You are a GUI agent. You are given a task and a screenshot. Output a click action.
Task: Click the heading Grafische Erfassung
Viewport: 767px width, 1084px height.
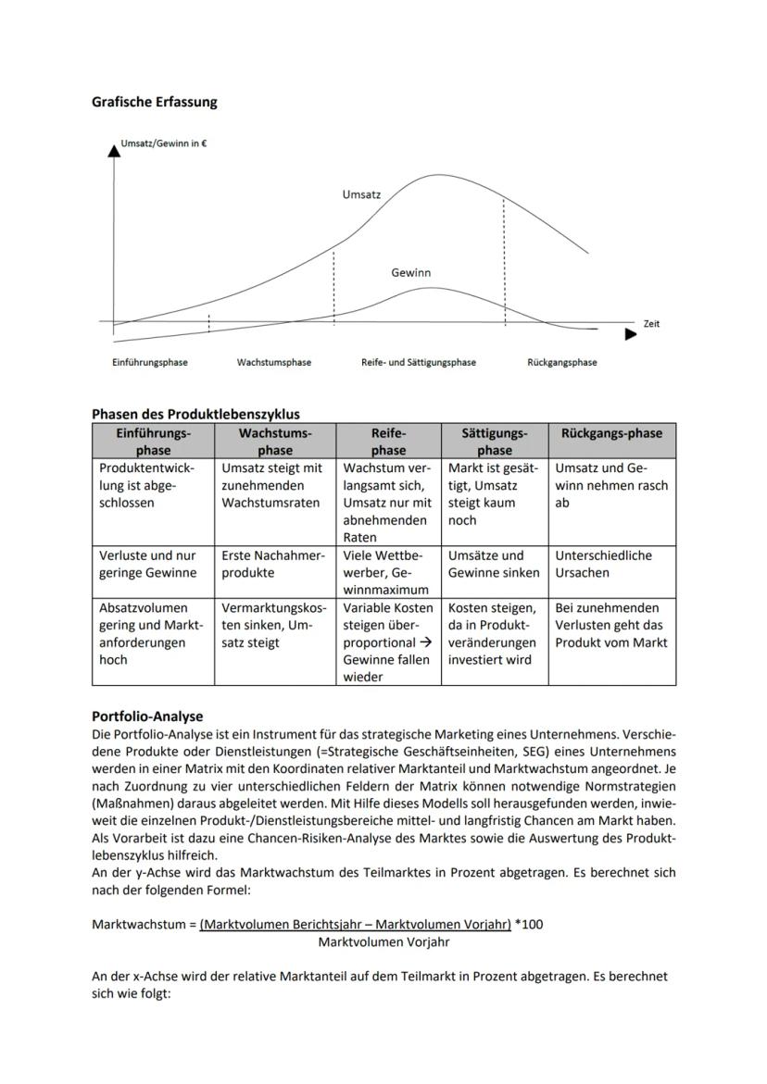(x=155, y=102)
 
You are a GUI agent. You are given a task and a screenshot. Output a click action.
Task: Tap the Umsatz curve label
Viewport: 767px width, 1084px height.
(x=361, y=195)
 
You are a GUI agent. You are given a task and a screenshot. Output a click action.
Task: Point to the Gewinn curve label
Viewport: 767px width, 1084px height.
(x=410, y=273)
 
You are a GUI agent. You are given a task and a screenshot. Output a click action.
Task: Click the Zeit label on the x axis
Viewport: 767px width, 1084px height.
(x=651, y=324)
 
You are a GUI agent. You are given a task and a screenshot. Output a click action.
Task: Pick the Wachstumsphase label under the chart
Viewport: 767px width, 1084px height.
(x=274, y=363)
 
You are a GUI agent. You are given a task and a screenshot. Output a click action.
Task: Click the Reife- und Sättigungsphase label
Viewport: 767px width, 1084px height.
(x=419, y=363)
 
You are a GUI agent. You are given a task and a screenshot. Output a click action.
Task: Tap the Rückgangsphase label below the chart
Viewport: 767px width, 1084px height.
(x=562, y=363)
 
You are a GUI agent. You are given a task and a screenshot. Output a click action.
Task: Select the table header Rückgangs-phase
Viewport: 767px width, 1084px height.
(x=611, y=433)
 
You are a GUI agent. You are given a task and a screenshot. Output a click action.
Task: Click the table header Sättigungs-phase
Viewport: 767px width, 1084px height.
(x=495, y=442)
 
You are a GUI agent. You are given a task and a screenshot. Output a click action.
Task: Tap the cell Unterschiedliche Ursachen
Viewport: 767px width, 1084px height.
(x=603, y=564)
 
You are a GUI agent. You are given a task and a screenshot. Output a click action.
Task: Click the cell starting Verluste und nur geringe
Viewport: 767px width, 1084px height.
(x=148, y=564)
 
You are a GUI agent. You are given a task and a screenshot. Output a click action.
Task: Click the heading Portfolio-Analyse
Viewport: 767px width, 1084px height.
(x=147, y=716)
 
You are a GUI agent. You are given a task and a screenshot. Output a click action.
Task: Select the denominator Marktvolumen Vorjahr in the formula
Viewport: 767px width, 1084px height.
(x=383, y=942)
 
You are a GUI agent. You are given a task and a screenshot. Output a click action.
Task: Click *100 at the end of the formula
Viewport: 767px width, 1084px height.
(x=528, y=925)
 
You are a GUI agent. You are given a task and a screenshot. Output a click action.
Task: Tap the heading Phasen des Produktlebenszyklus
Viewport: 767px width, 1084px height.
(x=195, y=414)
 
